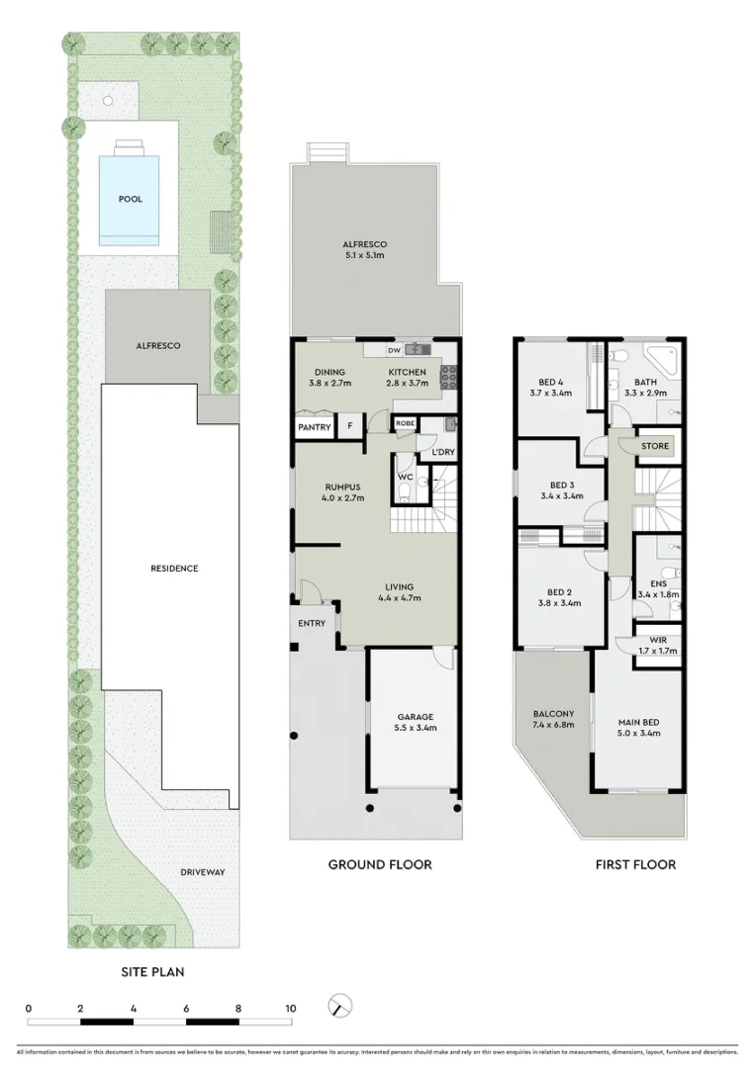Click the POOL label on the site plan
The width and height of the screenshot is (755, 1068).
[131, 199]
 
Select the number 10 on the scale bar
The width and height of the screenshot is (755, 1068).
[291, 1009]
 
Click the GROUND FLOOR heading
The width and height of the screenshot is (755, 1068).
[380, 864]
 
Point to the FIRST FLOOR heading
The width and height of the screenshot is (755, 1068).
[635, 864]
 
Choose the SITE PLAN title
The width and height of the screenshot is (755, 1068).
[152, 972]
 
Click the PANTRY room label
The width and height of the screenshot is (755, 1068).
[315, 427]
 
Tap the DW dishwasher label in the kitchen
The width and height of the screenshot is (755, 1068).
[393, 350]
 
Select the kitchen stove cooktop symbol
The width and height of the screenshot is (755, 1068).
[447, 375]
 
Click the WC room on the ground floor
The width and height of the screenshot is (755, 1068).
[405, 477]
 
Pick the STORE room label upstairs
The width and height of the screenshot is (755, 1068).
[655, 446]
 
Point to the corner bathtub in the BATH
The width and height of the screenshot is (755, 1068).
[662, 358]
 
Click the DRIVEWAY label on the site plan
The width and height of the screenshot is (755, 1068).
[203, 872]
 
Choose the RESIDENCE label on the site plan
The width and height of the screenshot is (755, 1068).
[174, 569]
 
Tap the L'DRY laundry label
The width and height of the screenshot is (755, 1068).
[442, 453]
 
